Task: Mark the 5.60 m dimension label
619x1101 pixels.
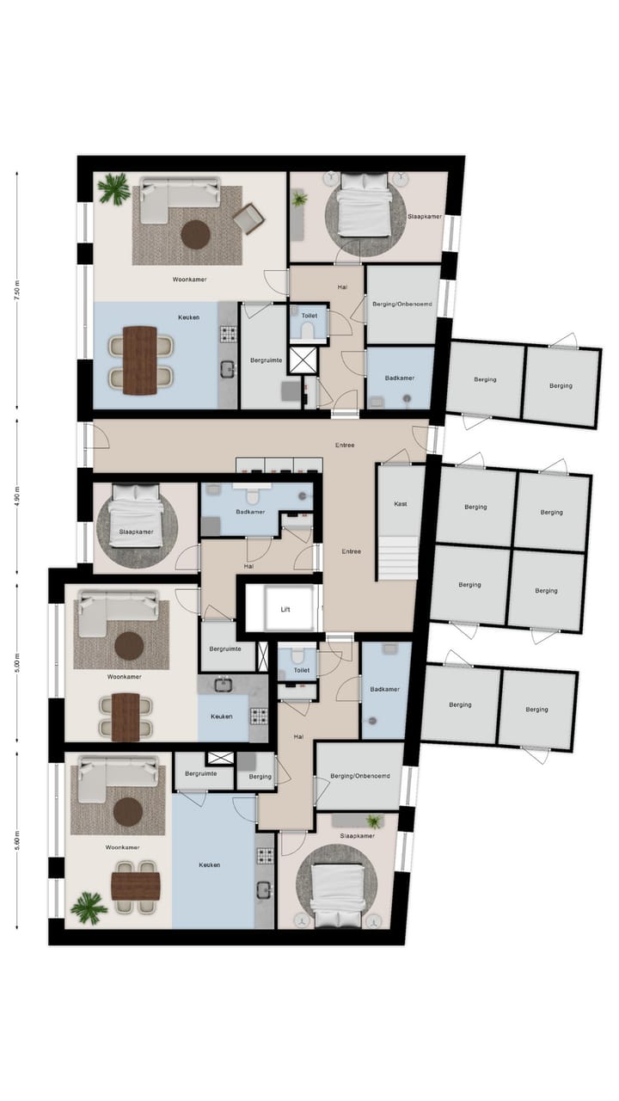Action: (x=16, y=840)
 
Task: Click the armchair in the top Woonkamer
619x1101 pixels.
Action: (x=248, y=218)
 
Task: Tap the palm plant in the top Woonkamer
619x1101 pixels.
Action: (x=113, y=189)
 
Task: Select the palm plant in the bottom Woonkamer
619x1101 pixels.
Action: (x=89, y=907)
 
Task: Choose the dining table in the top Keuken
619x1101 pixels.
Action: (x=139, y=360)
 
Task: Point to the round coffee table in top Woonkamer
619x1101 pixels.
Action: (x=196, y=234)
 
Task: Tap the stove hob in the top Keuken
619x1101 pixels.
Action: (x=229, y=334)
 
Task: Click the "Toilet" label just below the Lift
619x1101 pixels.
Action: (x=301, y=668)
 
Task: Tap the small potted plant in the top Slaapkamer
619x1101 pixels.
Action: (x=299, y=200)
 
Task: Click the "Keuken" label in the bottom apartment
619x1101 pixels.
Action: (x=211, y=864)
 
